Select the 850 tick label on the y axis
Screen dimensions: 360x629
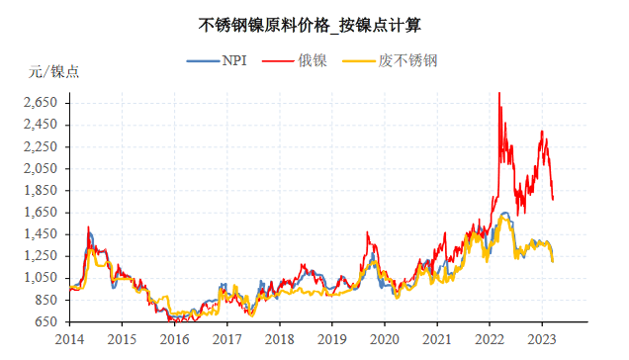pos(46,300)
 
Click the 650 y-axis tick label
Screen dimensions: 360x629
pos(46,322)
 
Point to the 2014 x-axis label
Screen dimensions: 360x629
pos(69,338)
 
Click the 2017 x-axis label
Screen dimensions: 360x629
pos(226,338)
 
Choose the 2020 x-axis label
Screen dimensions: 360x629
pos(384,338)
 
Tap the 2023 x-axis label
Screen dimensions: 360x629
pos(542,338)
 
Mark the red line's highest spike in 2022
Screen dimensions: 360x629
pos(498,93)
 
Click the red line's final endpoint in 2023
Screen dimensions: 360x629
pos(553,199)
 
